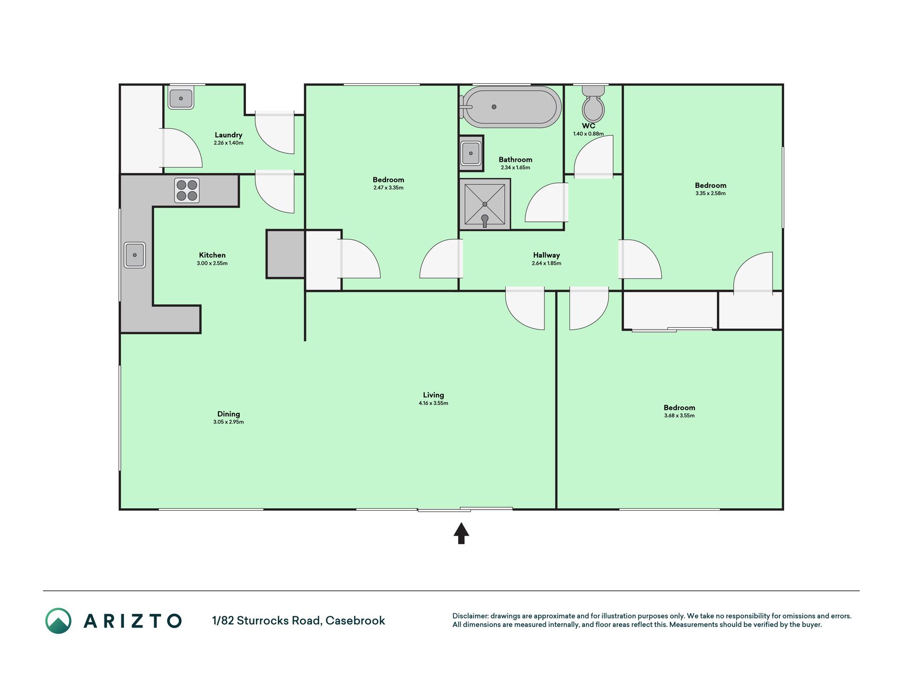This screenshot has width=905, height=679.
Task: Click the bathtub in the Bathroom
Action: (511, 107)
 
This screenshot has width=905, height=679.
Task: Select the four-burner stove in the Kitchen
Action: (187, 190)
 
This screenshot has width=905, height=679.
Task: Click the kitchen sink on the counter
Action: (135, 255)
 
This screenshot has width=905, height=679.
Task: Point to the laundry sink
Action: (181, 98)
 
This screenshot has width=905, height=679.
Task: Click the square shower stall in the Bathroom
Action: (485, 204)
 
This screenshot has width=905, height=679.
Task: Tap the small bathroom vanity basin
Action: (471, 153)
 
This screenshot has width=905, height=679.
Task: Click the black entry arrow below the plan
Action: (461, 533)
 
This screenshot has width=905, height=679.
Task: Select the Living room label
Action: (433, 395)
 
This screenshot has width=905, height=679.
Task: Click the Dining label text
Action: (229, 414)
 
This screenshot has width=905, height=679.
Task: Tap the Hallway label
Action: (547, 255)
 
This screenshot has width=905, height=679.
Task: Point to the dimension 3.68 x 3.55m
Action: (679, 415)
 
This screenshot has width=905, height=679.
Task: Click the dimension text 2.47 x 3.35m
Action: (389, 188)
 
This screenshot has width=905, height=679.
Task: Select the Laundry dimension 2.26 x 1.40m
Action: (229, 143)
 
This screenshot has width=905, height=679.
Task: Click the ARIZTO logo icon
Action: (58, 621)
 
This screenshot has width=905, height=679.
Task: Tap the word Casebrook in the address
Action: (355, 621)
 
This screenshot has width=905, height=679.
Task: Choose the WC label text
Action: (588, 126)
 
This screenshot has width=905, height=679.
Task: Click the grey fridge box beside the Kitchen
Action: (285, 254)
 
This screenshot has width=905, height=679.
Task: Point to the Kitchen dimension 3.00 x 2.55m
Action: (212, 263)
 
